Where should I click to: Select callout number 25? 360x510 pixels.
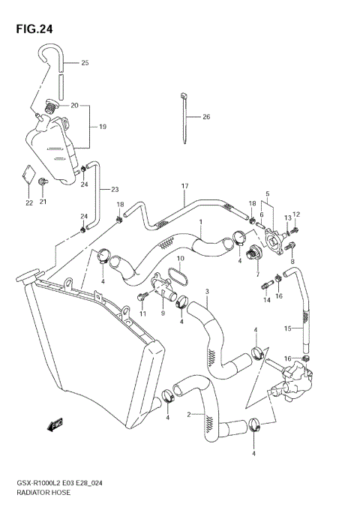pyautogui.click(x=85, y=63)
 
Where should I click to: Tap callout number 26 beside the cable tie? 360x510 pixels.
pyautogui.click(x=206, y=117)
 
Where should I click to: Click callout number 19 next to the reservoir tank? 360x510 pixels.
pyautogui.click(x=102, y=127)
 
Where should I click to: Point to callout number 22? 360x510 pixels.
pyautogui.click(x=28, y=202)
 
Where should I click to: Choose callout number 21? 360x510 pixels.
pyautogui.click(x=43, y=202)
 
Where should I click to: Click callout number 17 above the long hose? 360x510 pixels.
pyautogui.click(x=183, y=186)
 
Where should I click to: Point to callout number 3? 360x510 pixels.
pyautogui.click(x=207, y=292)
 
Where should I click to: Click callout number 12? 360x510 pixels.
pyautogui.click(x=296, y=214)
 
